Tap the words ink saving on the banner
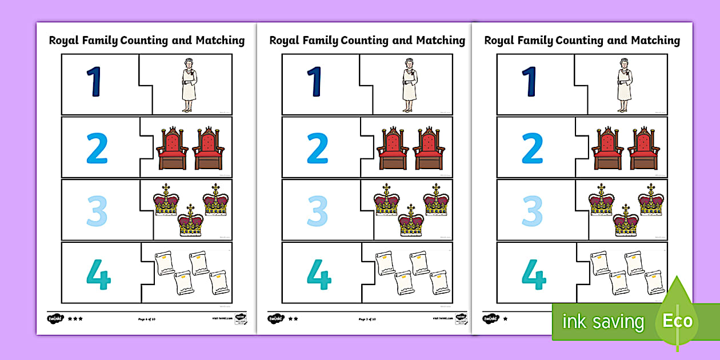pyautogui.click(x=603, y=322)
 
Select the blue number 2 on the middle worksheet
pyautogui.click(x=317, y=149)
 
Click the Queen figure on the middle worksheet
pyautogui.click(x=409, y=85)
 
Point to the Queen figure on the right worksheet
pyautogui.click(x=623, y=85)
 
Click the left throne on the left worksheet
pyautogui.click(x=173, y=149)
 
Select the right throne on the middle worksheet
pyautogui.click(x=429, y=149)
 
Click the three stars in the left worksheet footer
pyautogui.click(x=75, y=319)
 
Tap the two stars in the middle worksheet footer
pyautogui.click(x=293, y=319)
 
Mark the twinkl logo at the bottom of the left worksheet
pyautogui.click(x=55, y=318)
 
